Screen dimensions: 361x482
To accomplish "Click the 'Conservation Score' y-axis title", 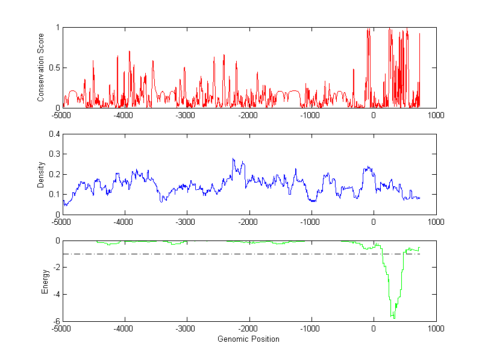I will tap(40, 67).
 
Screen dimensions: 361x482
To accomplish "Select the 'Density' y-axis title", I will tap(40, 174).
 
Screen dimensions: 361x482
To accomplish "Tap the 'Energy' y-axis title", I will tap(45, 281).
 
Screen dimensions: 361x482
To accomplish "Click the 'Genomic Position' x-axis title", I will tap(248, 339).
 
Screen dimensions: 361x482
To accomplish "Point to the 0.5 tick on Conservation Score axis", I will tap(53, 67).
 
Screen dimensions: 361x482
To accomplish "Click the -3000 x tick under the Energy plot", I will tap(186, 329).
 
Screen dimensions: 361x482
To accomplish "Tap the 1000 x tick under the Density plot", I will tap(436, 222).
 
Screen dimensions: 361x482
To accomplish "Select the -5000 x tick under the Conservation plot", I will tap(61, 115).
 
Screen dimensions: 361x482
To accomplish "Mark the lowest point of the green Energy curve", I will tap(393, 318).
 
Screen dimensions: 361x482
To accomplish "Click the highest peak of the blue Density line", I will tap(233, 159).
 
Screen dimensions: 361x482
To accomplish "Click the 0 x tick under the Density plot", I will tap(374, 222).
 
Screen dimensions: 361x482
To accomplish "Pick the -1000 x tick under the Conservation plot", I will tap(311, 115).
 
